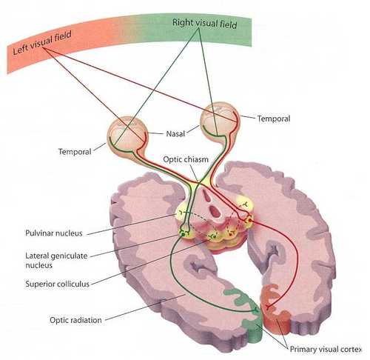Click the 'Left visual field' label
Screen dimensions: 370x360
(42, 42)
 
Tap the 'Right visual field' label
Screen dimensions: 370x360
(204, 24)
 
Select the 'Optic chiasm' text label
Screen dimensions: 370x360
(186, 159)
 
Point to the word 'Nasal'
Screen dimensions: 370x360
(175, 134)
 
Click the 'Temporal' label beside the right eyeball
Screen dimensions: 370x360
(274, 119)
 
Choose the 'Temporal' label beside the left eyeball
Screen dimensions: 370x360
(75, 151)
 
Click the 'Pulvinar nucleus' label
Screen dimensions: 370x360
(54, 233)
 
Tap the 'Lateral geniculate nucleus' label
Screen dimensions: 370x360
(56, 260)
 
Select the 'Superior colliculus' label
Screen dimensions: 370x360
(57, 284)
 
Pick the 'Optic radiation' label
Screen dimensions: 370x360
(75, 320)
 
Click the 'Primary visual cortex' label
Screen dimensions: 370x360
(326, 349)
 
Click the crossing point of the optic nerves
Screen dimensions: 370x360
(198, 183)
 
